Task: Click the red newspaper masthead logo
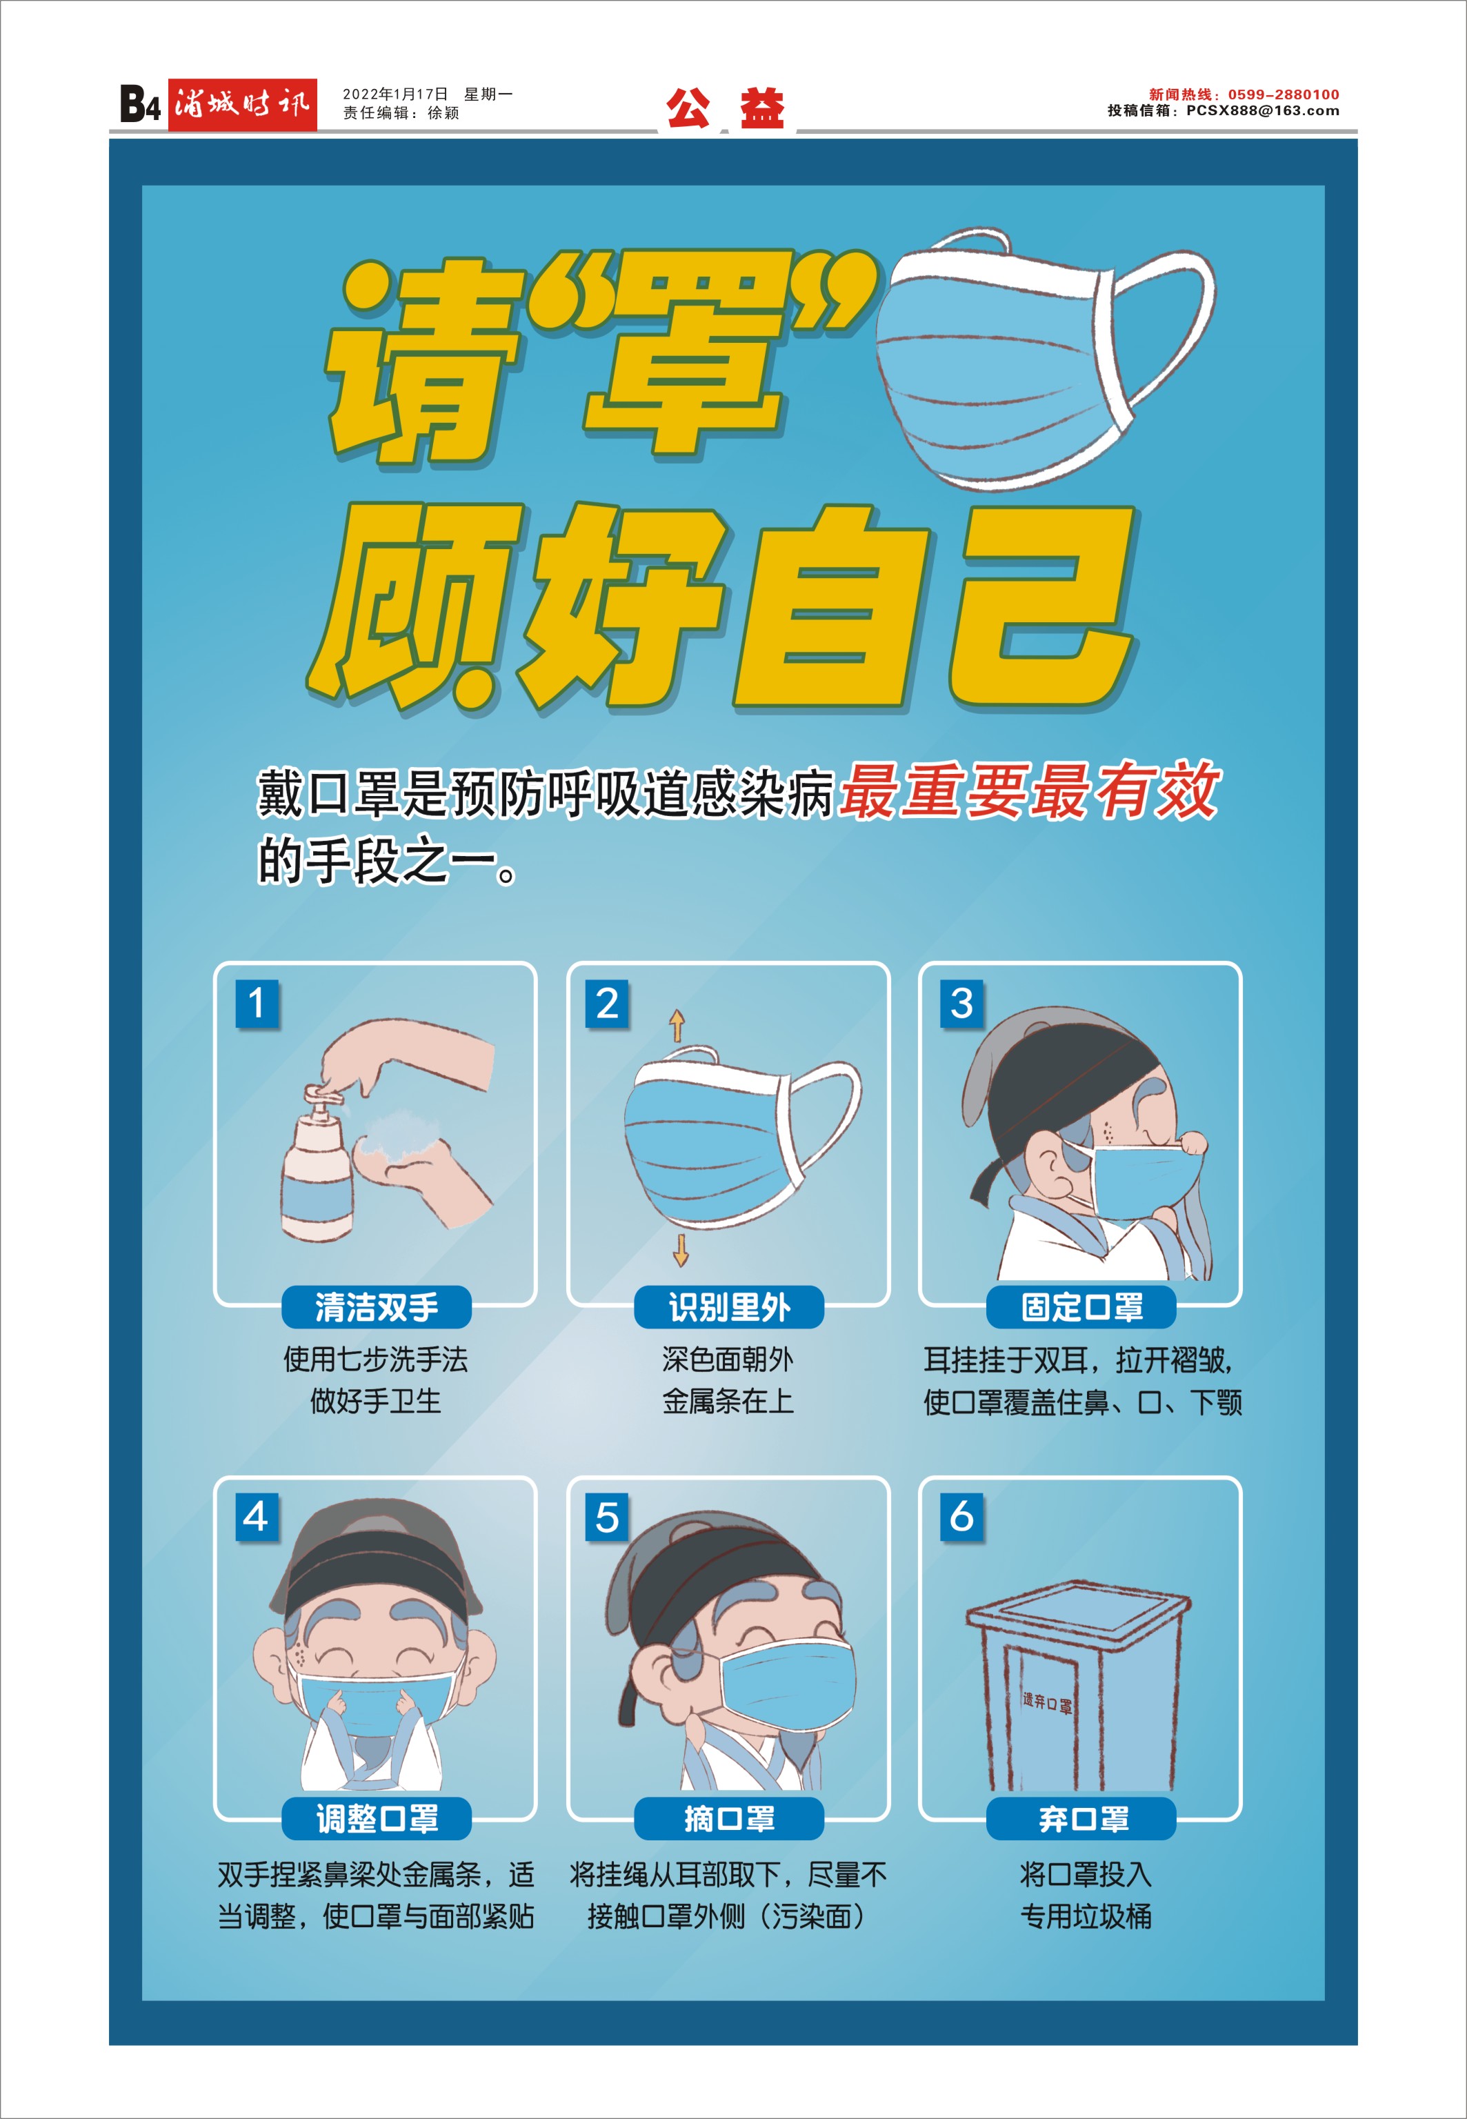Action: tap(242, 105)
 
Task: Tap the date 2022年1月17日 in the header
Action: tap(395, 94)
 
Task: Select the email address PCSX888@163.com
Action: tap(1262, 111)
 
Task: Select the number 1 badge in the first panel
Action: tap(257, 1003)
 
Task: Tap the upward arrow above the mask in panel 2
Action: tap(677, 1026)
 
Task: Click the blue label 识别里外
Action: tap(729, 1307)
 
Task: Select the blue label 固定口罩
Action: tap(1081, 1307)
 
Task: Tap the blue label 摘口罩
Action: tap(729, 1818)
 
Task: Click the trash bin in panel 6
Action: tap(1078, 1687)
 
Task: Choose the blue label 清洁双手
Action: tap(376, 1307)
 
